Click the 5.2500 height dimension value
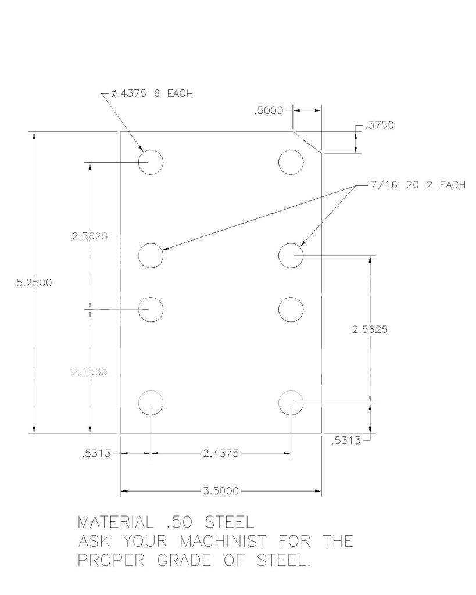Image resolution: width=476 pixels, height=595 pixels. coord(34,283)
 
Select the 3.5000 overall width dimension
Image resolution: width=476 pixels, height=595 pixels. coord(221,491)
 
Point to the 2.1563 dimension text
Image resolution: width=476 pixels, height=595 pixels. coord(90,372)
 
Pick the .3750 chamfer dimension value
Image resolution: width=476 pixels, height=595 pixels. coord(380,126)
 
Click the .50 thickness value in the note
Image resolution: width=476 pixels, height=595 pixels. coord(175,521)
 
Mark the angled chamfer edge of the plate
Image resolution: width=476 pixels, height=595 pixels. coord(306,142)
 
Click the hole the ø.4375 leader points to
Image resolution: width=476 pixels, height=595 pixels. coord(151,162)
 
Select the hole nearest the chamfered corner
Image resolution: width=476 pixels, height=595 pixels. coord(291,162)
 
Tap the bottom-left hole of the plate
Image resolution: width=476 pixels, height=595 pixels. coord(151,402)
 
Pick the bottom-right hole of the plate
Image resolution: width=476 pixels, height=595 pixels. coord(291,402)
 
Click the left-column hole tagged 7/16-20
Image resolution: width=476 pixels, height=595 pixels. coord(151,255)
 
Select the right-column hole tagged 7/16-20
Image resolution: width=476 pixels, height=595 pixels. coord(291,255)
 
